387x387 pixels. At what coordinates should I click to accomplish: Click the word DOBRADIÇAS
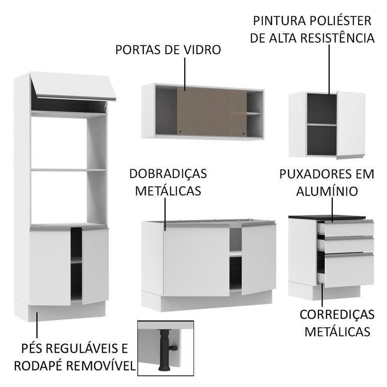pos(168,174)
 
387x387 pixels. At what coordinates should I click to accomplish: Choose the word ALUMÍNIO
pos(327,191)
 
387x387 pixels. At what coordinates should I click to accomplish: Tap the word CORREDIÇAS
pos(337,314)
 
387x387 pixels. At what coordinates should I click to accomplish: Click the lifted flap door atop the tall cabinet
pos(74,86)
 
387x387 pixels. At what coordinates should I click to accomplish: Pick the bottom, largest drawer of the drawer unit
pos(348,270)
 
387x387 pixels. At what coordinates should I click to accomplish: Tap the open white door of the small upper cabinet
pos(350,124)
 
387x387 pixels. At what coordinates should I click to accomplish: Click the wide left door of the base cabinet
pos(196,260)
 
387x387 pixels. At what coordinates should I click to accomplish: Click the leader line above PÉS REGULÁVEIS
pos(37,325)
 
